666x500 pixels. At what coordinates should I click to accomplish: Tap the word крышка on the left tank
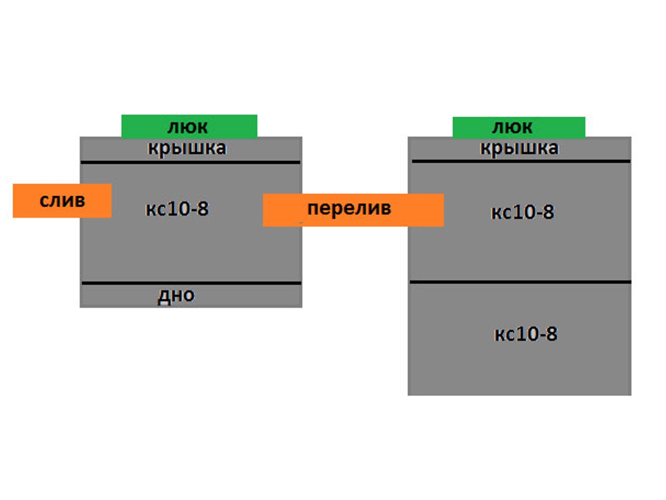tap(186, 148)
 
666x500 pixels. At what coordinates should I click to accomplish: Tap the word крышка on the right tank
tap(519, 148)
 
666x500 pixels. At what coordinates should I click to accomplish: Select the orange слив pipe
tap(62, 201)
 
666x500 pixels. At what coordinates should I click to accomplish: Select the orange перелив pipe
tap(353, 210)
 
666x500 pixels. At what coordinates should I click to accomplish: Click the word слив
tap(62, 201)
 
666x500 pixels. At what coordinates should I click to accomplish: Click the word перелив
tap(349, 208)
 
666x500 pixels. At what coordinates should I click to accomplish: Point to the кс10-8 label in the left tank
tap(177, 209)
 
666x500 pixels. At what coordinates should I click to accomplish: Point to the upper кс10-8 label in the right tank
tap(523, 212)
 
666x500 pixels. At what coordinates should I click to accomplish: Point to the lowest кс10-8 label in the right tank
tap(526, 334)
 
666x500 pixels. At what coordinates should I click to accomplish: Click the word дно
tap(176, 296)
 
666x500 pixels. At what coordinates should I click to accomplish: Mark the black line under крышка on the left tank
tap(190, 162)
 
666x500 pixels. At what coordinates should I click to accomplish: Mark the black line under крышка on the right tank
tap(521, 161)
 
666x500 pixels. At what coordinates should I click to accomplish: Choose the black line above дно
tap(191, 283)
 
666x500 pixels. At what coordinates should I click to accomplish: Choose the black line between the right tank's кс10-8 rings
tap(521, 282)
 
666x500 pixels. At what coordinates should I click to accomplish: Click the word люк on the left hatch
tap(188, 127)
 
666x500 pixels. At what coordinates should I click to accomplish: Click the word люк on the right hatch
tap(512, 127)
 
